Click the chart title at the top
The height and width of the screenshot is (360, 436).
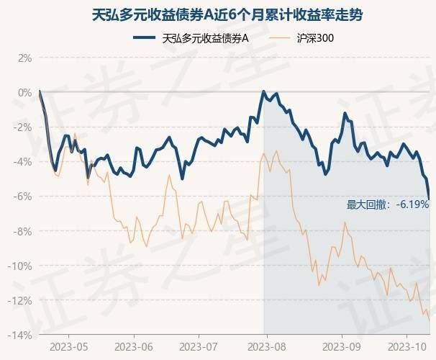coord(217,14)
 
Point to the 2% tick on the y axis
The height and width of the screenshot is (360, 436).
coord(25,58)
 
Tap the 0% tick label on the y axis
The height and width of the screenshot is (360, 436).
coord(25,92)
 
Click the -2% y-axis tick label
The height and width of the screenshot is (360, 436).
coord(23,127)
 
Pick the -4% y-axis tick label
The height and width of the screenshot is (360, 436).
coord(23,162)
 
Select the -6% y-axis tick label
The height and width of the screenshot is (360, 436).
coord(23,197)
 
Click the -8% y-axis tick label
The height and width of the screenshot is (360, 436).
coord(23,231)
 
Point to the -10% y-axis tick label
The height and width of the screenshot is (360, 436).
coord(21,266)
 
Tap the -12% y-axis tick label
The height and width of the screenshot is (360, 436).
coord(21,300)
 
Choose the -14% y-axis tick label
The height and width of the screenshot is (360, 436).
coord(21,335)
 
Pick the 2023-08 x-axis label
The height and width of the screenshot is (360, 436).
coord(265,346)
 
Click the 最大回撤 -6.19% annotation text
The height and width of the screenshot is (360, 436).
coord(388,204)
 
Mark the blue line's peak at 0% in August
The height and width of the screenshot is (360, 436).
coord(264,91)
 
